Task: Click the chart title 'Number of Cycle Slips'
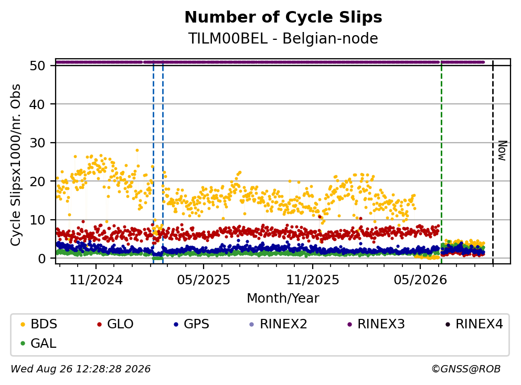(283, 17)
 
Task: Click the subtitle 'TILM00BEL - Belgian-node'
(283, 38)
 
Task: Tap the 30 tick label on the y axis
(37, 143)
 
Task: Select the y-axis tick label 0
(41, 259)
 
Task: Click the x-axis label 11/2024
(96, 280)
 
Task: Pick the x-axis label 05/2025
(204, 280)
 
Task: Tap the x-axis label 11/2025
(313, 280)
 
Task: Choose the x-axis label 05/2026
(420, 280)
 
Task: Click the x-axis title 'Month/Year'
(283, 298)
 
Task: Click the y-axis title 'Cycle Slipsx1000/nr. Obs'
(15, 165)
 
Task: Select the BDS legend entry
(38, 324)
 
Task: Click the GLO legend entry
(115, 324)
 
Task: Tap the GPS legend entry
(192, 324)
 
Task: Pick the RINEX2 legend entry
(278, 324)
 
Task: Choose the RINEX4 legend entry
(474, 324)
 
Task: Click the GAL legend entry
(38, 343)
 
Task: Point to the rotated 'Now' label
(503, 151)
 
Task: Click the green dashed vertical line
(441, 162)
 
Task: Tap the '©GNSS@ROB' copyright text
(466, 369)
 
